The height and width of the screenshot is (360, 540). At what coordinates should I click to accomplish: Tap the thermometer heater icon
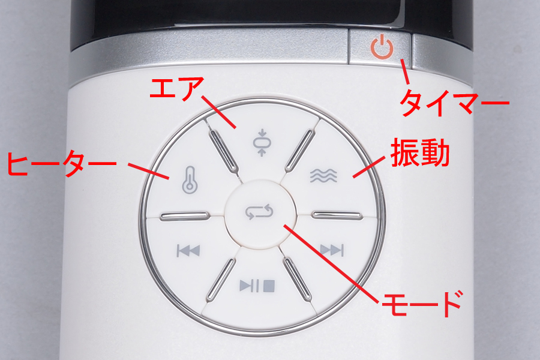pyautogui.click(x=190, y=179)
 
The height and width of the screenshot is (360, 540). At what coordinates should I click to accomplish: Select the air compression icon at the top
pyautogui.click(x=262, y=143)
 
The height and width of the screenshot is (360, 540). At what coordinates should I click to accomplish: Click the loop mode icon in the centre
pyautogui.click(x=259, y=212)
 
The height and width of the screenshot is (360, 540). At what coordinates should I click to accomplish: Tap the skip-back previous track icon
pyautogui.click(x=188, y=250)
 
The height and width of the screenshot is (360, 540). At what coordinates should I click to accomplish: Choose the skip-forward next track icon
pyautogui.click(x=332, y=250)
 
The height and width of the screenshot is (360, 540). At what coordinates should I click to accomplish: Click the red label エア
pyautogui.click(x=176, y=89)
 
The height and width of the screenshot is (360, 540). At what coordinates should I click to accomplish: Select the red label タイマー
pyautogui.click(x=455, y=103)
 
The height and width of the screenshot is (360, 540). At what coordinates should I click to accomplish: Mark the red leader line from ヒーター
pyautogui.click(x=148, y=171)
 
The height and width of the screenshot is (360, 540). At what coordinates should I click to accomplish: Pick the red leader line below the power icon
pyautogui.click(x=404, y=71)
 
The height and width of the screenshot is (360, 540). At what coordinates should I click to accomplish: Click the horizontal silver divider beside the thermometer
pyautogui.click(x=185, y=216)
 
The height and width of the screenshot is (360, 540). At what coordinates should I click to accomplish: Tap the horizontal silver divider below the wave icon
pyautogui.click(x=337, y=215)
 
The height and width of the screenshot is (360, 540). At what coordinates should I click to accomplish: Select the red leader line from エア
pyautogui.click(x=218, y=112)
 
